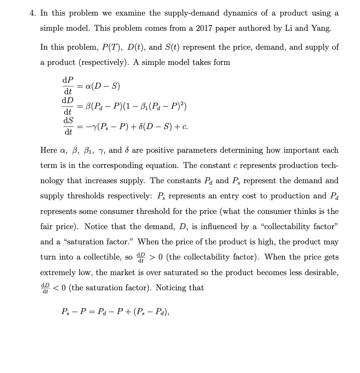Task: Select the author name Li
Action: pyautogui.click(x=288, y=29)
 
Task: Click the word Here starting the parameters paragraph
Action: pyautogui.click(x=48, y=151)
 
